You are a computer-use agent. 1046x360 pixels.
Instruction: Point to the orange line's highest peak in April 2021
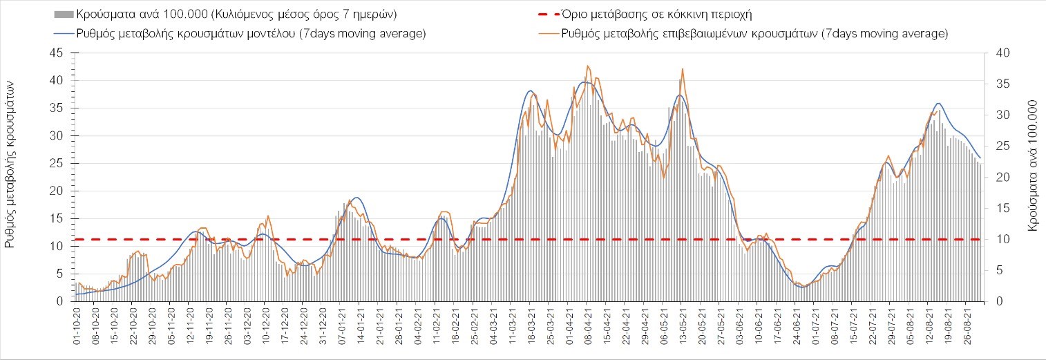[587, 66]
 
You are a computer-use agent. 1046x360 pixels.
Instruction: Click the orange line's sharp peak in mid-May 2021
[683, 68]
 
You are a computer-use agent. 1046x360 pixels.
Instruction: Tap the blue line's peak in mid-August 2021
[938, 103]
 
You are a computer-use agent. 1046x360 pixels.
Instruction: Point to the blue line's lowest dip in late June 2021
[801, 287]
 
